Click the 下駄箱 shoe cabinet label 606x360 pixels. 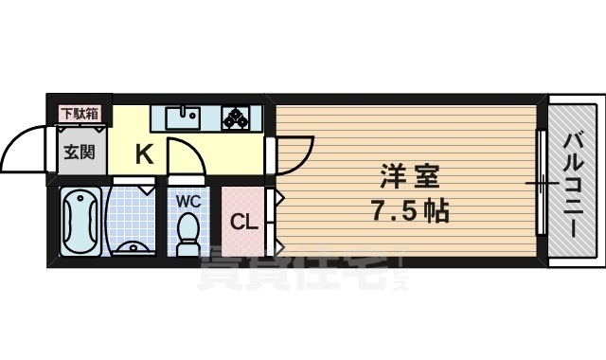(x=80, y=115)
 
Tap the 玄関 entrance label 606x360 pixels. (x=79, y=152)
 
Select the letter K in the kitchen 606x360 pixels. (x=144, y=153)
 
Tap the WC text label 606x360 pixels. (x=187, y=200)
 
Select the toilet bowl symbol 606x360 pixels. (x=187, y=231)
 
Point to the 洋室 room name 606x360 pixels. (x=408, y=175)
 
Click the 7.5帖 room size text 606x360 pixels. (x=408, y=210)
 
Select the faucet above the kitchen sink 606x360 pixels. (x=182, y=109)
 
